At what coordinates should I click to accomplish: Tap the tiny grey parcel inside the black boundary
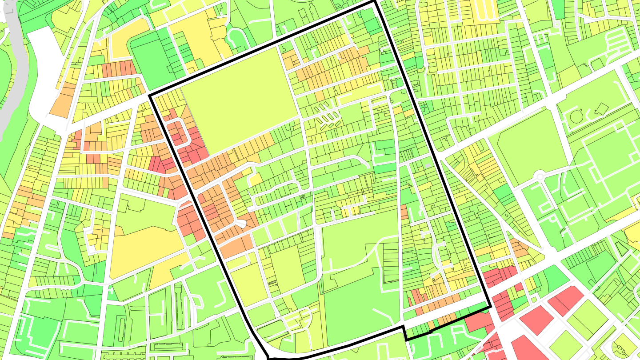(428, 166)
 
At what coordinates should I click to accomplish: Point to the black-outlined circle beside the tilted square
(576, 117)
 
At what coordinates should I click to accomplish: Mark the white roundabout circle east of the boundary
(540, 176)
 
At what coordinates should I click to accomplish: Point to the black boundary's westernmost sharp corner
(150, 95)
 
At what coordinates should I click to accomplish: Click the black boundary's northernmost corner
(375, 2)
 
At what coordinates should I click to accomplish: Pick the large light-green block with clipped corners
(528, 147)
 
